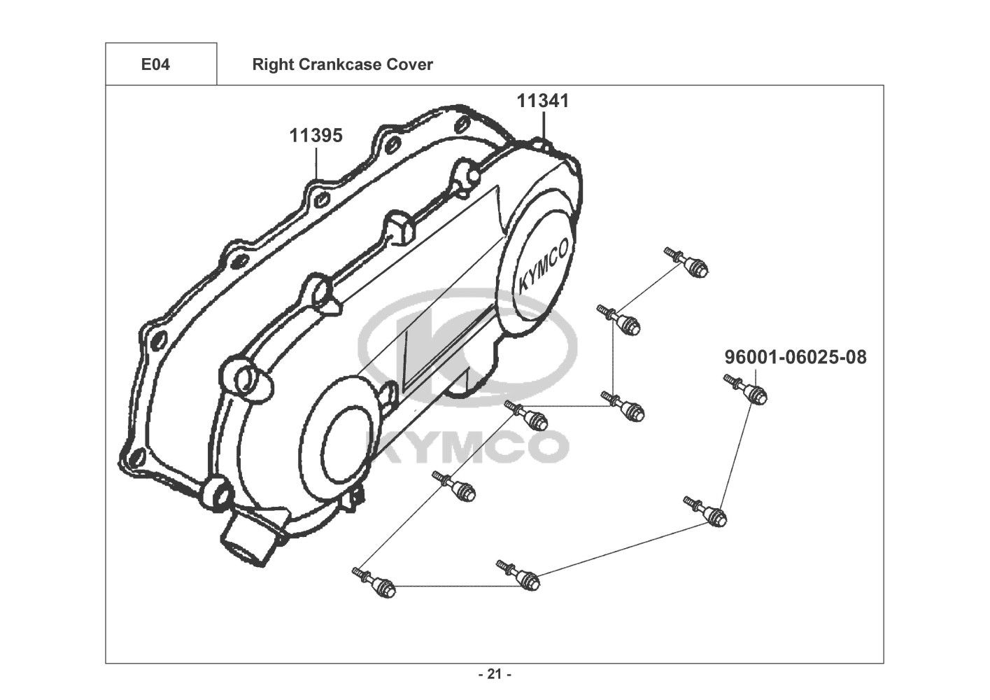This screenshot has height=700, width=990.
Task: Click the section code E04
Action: tap(155, 64)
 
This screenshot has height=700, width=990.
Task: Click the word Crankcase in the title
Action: tap(340, 64)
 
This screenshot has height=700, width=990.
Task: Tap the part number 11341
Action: tap(543, 101)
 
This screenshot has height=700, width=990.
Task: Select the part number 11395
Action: tap(316, 135)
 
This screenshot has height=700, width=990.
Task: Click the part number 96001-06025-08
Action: tap(795, 357)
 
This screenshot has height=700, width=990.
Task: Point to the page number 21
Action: tap(495, 674)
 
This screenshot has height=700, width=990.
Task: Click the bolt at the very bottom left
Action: tap(374, 583)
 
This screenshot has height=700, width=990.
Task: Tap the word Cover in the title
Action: tap(410, 64)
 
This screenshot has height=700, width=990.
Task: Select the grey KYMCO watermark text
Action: tap(472, 447)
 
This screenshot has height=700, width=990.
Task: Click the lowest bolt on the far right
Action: tap(705, 512)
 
